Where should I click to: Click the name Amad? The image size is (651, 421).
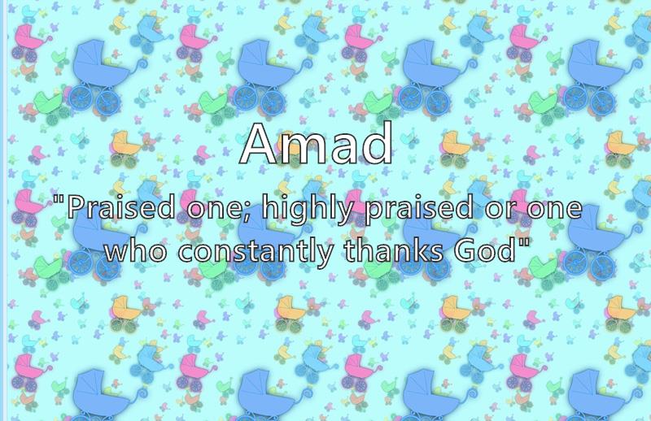tap(316, 144)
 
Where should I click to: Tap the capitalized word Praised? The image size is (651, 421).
tap(121, 207)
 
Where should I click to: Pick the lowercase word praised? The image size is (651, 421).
tap(419, 210)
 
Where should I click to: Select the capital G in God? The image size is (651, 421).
tap(467, 250)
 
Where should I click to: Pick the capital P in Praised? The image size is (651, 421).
tap(76, 207)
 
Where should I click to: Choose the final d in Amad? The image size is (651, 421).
tap(378, 144)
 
